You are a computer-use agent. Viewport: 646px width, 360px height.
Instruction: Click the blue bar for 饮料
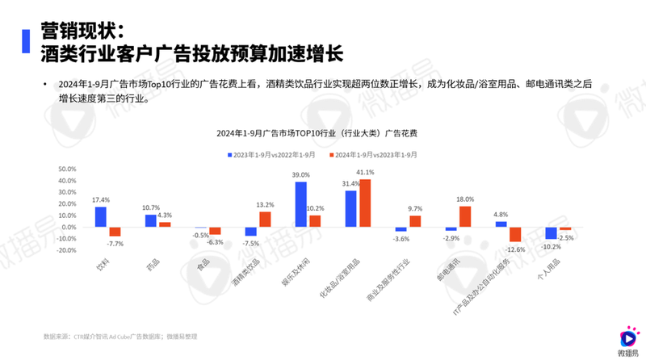tap(101, 217)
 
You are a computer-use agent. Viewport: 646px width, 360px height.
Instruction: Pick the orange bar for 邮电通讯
tap(464, 216)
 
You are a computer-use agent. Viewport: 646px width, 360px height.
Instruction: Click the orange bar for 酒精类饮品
tap(264, 219)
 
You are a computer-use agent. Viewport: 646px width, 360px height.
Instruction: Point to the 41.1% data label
tap(366, 173)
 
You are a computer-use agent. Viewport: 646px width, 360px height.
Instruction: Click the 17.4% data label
tap(101, 199)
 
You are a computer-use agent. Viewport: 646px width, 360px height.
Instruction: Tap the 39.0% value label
tap(300, 174)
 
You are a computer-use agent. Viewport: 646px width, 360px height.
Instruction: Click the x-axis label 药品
tap(151, 263)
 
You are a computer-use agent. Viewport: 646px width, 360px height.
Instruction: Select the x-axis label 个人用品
tap(551, 267)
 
